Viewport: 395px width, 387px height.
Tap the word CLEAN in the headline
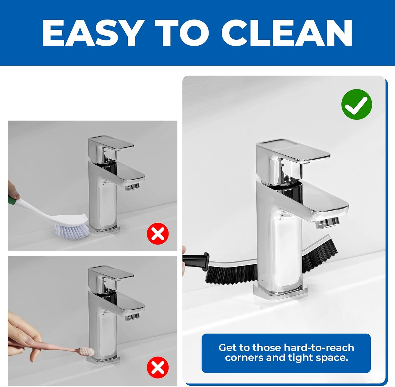coord(287,33)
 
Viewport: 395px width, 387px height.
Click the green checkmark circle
coord(357,104)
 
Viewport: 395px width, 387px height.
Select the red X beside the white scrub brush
coord(158,234)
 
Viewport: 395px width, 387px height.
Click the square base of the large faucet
coord(280,291)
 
